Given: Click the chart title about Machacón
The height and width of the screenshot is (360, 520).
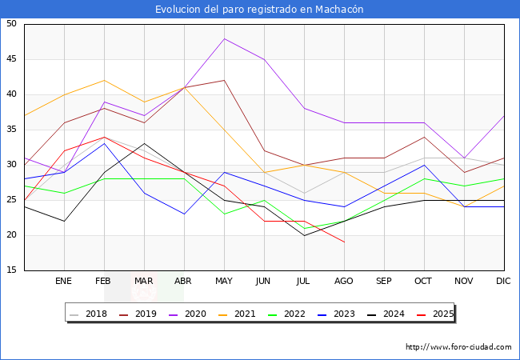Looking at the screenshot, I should pyautogui.click(x=259, y=9).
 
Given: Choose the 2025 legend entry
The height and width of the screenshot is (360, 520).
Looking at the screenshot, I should pyautogui.click(x=439, y=314).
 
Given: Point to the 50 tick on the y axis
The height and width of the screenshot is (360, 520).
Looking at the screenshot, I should pyautogui.click(x=11, y=24).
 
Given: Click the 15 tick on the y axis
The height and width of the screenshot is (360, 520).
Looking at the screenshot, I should pyautogui.click(x=11, y=270).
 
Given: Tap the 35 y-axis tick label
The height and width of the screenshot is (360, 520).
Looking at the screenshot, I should pyautogui.click(x=11, y=130).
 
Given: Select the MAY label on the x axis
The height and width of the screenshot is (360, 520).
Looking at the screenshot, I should pyautogui.click(x=224, y=282).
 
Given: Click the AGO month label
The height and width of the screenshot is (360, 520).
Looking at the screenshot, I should pyautogui.click(x=344, y=282).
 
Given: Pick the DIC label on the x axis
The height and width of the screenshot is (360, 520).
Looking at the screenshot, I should pyautogui.click(x=503, y=282).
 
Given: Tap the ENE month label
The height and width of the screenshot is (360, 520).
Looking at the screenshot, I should pyautogui.click(x=64, y=282).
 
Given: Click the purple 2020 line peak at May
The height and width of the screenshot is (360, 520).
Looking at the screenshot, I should pyautogui.click(x=224, y=38).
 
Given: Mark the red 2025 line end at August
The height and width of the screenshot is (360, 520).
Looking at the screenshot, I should pyautogui.click(x=344, y=242).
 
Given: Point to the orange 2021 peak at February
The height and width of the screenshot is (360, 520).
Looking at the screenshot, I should pyautogui.click(x=104, y=80).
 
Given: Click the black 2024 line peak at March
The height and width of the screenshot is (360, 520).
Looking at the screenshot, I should pyautogui.click(x=144, y=144).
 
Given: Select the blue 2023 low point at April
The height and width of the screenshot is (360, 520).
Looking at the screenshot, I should pyautogui.click(x=184, y=214).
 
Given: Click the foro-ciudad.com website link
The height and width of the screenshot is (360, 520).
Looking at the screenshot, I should pyautogui.click(x=458, y=347).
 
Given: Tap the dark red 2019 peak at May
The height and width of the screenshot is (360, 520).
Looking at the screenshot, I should pyautogui.click(x=224, y=80).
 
